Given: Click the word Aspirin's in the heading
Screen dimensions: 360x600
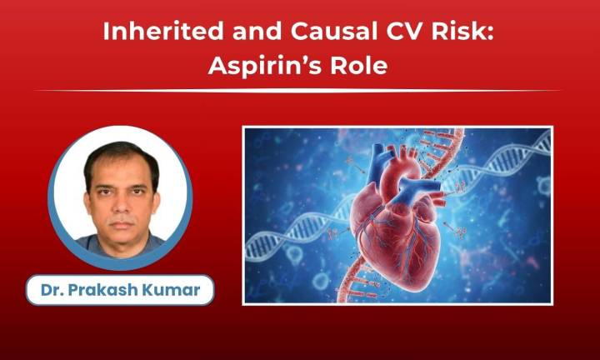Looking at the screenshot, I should coord(262,66).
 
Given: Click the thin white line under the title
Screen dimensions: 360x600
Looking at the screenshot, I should coord(299,90).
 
